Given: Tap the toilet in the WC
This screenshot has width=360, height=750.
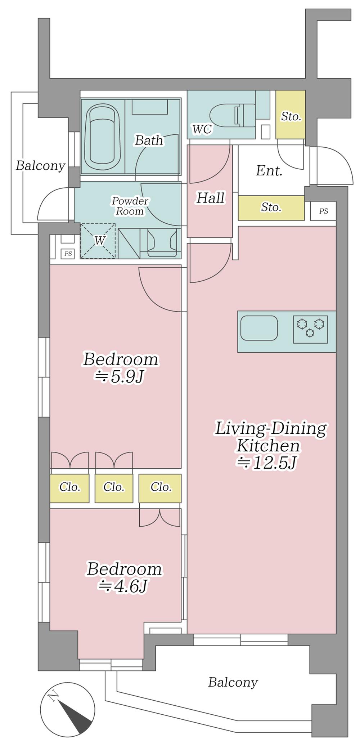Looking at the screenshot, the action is pyautogui.click(x=232, y=115).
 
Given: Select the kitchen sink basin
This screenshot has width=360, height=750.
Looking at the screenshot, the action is pyautogui.click(x=259, y=328).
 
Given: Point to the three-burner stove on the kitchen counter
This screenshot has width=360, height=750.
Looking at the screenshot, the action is pyautogui.click(x=310, y=329).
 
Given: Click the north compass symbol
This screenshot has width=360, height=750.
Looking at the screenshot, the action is pyautogui.click(x=68, y=709).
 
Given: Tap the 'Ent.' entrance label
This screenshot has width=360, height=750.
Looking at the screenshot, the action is pyautogui.click(x=269, y=171).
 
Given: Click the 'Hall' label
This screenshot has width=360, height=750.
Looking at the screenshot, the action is pyautogui.click(x=211, y=198).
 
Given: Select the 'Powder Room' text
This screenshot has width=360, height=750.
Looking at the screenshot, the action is pyautogui.click(x=130, y=206).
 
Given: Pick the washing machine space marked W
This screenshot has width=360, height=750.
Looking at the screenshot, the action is pyautogui.click(x=98, y=241).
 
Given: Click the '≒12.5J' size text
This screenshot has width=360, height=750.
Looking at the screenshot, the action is pyautogui.click(x=266, y=463).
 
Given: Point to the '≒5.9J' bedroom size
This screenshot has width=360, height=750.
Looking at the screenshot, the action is pyautogui.click(x=119, y=376).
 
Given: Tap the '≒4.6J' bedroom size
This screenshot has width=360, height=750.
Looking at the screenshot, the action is pyautogui.click(x=123, y=586).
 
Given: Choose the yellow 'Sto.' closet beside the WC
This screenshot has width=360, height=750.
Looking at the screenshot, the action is pyautogui.click(x=291, y=115).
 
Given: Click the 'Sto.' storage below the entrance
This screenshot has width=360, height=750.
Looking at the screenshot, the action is pyautogui.click(x=271, y=208).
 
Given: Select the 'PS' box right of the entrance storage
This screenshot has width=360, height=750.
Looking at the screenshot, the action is pyautogui.click(x=323, y=211).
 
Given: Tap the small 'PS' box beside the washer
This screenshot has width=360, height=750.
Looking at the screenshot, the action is pyautogui.click(x=68, y=254).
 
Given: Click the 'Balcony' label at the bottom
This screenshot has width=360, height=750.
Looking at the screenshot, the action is pyautogui.click(x=233, y=682).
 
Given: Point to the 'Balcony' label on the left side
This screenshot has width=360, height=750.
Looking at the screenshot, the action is pyautogui.click(x=40, y=166).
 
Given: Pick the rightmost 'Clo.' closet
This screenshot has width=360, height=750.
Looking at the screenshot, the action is pyautogui.click(x=160, y=488).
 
